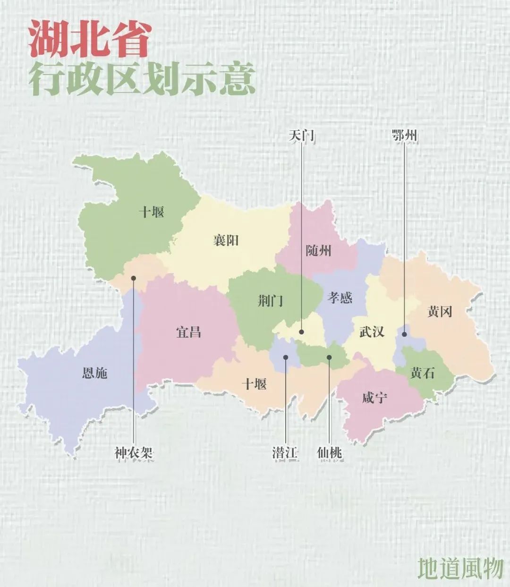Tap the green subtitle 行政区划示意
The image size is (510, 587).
(142, 79)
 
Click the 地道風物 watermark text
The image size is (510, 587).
(460, 568)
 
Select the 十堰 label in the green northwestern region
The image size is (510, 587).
(151, 212)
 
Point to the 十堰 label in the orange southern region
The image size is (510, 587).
(254, 384)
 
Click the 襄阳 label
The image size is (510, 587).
(226, 240)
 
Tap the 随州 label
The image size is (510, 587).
(319, 250)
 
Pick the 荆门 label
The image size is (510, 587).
(271, 300)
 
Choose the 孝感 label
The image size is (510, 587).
(340, 298)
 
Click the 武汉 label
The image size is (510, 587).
(372, 332)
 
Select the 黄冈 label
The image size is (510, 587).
(440, 311)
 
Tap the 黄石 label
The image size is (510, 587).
(422, 373)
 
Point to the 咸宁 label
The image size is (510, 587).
(375, 398)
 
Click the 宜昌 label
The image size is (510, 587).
(188, 332)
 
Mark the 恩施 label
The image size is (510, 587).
(94, 373)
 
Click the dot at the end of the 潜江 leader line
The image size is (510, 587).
(286, 357)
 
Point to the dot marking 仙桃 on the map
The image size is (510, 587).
(330, 357)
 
